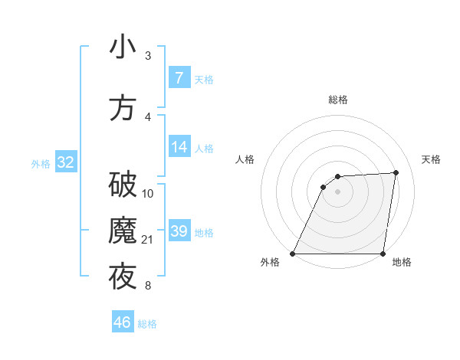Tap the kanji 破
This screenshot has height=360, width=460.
tap(123, 185)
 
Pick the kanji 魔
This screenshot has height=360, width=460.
tap(123, 231)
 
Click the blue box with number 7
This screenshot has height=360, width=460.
tap(179, 78)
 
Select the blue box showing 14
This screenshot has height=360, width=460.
tap(179, 147)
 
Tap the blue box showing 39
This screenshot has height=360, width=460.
tap(179, 231)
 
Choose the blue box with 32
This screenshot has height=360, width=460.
tap(65, 162)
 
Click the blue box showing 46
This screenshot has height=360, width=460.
tap(122, 322)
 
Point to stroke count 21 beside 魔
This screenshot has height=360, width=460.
tap(148, 240)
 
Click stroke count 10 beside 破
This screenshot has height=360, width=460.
tap(148, 194)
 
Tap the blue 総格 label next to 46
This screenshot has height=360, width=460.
tap(147, 324)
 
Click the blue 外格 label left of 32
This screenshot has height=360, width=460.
tap(41, 164)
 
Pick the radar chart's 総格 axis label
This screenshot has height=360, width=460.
tap(337, 100)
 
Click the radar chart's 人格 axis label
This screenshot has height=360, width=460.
tap(245, 159)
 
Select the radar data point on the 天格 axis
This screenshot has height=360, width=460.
tap(396, 172)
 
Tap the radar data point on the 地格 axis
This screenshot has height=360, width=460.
tap(383, 254)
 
